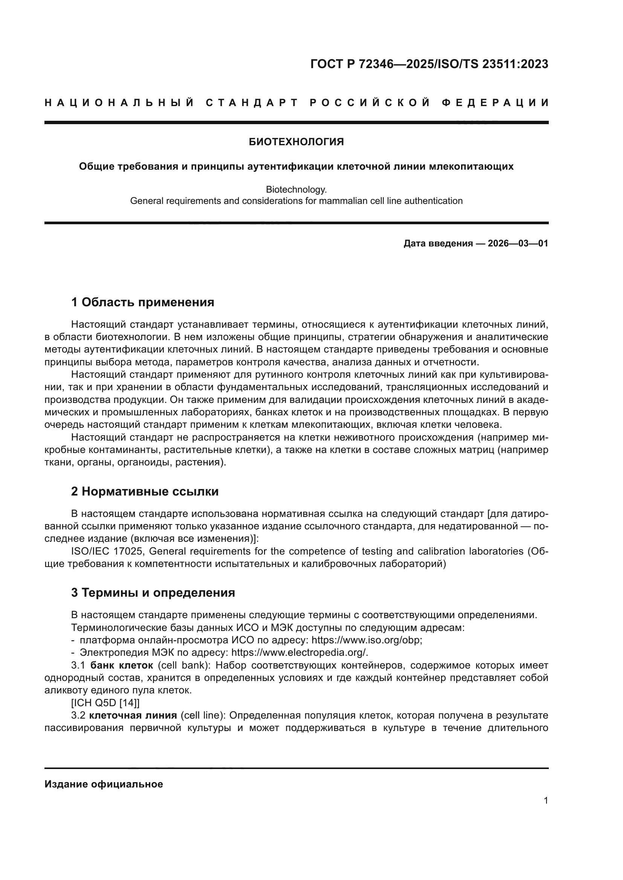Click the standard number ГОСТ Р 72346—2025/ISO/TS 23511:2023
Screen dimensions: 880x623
[x=429, y=64]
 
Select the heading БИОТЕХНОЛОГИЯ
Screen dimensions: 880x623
[x=296, y=142]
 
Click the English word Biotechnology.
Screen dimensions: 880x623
[x=296, y=189]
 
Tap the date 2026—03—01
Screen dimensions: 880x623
[x=518, y=243]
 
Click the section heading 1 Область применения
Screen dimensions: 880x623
[x=142, y=302]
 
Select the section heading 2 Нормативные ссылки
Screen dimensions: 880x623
[x=145, y=491]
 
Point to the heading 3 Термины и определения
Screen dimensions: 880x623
[x=153, y=593]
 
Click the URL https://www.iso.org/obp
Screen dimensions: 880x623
[x=366, y=640]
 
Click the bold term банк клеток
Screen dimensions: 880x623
[x=122, y=666]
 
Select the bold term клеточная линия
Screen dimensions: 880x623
[x=133, y=716]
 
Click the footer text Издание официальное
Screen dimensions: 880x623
[x=104, y=784]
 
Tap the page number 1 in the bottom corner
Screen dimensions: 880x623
[x=545, y=800]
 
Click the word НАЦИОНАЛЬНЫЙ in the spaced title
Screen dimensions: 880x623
[x=119, y=103]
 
